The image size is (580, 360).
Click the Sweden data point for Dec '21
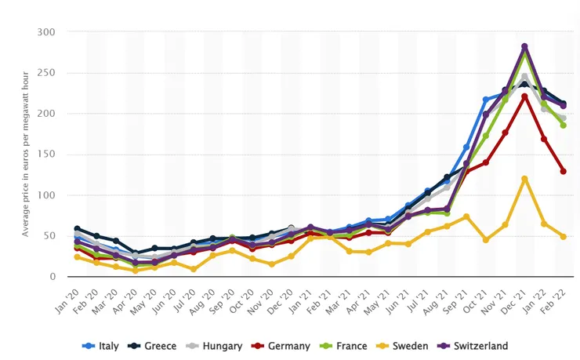pyautogui.click(x=524, y=179)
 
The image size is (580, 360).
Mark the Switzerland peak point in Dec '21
pyautogui.click(x=524, y=47)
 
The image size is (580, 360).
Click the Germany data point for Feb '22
pyautogui.click(x=563, y=171)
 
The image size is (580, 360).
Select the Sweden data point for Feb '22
pyautogui.click(x=563, y=236)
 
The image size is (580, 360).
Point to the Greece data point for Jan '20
pyautogui.click(x=78, y=228)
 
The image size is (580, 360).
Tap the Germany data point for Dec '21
pyautogui.click(x=524, y=96)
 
